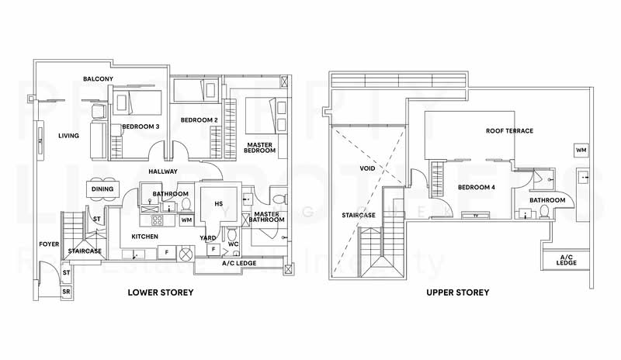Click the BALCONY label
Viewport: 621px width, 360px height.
pos(99,79)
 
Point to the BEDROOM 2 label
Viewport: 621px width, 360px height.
pos(198,120)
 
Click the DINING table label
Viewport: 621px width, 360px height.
pos(102,189)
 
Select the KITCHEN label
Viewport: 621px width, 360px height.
pos(144,236)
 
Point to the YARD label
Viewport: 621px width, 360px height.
pos(208,238)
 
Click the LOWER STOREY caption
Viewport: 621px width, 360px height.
pos(161,292)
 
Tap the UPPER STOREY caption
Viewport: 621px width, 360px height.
pos(457,292)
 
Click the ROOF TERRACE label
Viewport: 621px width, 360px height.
pos(509,131)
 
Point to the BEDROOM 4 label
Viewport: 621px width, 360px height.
pos(475,188)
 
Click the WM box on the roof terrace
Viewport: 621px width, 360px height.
pos(581,149)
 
